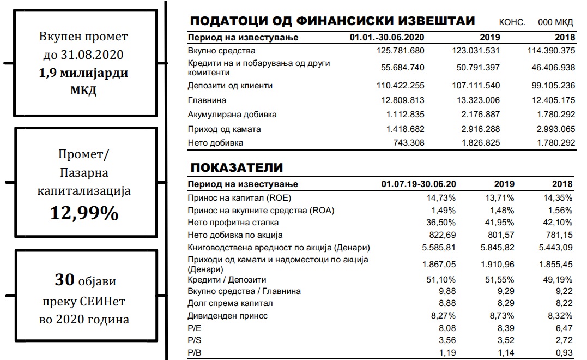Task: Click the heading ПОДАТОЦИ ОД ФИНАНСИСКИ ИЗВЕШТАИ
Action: tap(332, 21)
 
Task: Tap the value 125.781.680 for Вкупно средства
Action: tap(400, 51)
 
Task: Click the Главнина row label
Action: tap(207, 100)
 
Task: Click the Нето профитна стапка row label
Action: tap(233, 223)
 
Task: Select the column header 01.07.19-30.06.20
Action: tap(418, 184)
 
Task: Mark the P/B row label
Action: tap(194, 352)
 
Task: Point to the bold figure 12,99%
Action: tap(84, 213)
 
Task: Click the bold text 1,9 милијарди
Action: tap(84, 73)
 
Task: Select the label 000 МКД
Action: tap(555, 22)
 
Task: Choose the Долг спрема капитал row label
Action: tap(230, 303)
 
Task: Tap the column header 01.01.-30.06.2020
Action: tap(387, 38)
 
